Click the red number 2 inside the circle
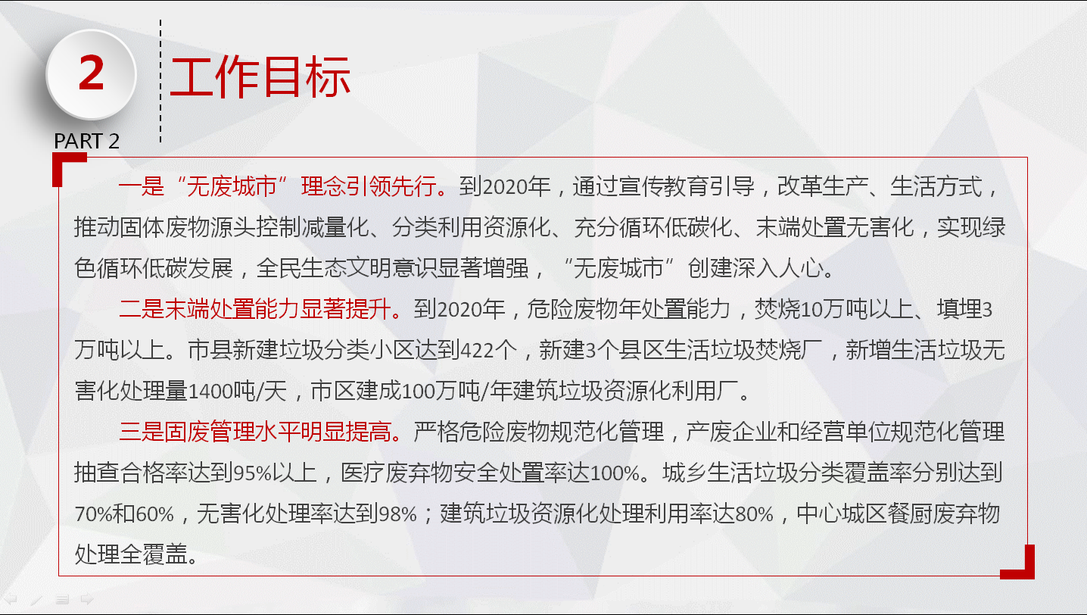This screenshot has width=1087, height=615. click(92, 72)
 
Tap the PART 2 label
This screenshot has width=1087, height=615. click(86, 141)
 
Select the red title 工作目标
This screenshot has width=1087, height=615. click(260, 76)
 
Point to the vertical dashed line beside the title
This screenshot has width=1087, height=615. click(160, 81)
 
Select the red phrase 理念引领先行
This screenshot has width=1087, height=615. click(369, 186)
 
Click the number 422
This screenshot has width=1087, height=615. click(477, 351)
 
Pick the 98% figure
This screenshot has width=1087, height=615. click(397, 514)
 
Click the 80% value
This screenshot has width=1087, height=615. click(754, 514)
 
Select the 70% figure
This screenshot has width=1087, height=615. click(93, 514)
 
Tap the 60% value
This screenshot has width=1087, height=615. click(155, 514)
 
